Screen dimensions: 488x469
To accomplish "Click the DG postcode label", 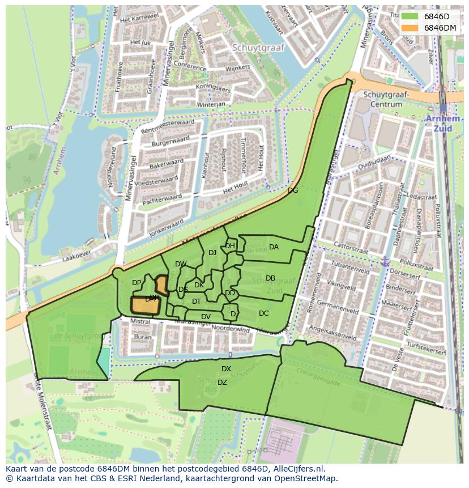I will pyautogui.click(x=293, y=190).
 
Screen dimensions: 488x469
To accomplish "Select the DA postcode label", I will pyautogui.click(x=274, y=247).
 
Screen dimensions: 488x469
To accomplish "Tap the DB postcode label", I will pyautogui.click(x=270, y=278).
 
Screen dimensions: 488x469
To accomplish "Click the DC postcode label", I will pyautogui.click(x=263, y=313).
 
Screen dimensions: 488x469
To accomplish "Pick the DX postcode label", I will pyautogui.click(x=226, y=369).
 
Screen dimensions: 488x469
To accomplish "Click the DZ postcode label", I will pyautogui.click(x=222, y=383).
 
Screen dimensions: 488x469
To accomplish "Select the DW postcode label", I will pyautogui.click(x=181, y=264).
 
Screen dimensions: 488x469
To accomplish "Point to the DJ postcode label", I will pyautogui.click(x=212, y=253).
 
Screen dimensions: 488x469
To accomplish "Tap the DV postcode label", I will pyautogui.click(x=206, y=317).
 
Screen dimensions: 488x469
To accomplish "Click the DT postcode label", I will pyautogui.click(x=197, y=302).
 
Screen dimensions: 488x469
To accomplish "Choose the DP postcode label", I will pyautogui.click(x=137, y=283).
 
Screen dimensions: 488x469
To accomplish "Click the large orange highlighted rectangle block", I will pyautogui.click(x=145, y=305).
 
